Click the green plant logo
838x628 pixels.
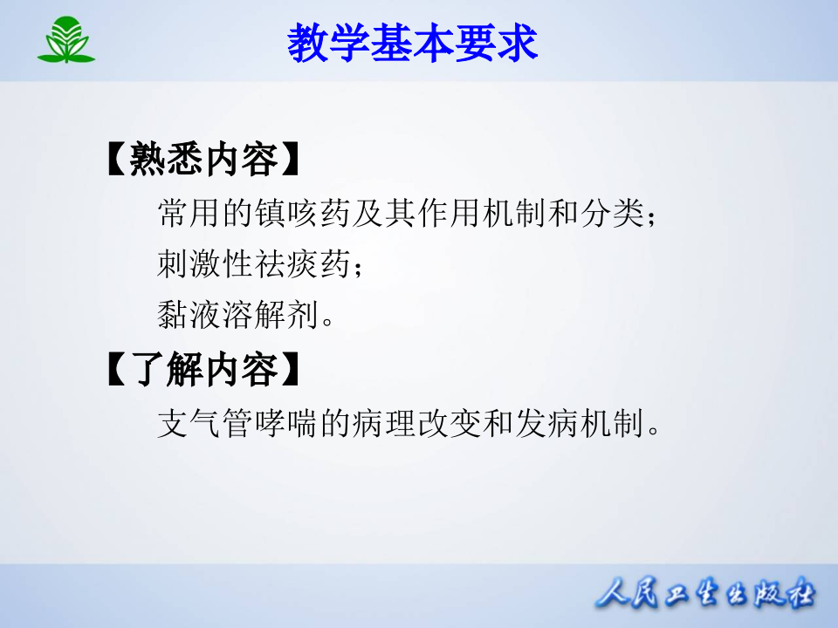[66, 41]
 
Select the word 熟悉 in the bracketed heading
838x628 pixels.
[179, 160]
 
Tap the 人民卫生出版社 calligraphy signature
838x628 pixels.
[705, 596]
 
